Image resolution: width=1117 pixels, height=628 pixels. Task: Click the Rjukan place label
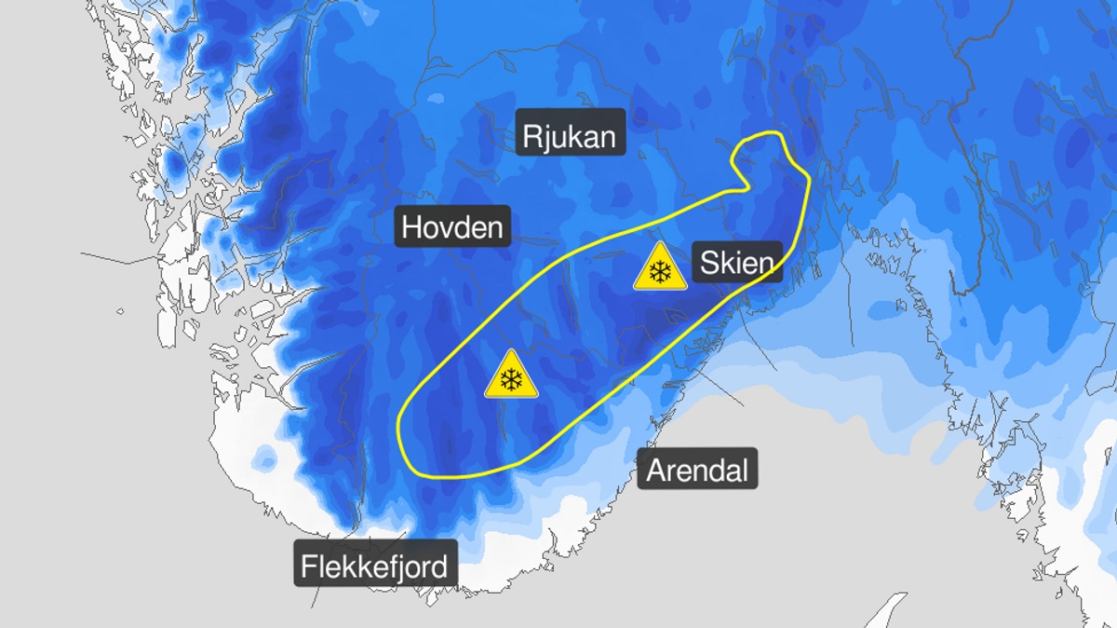pos(569,137)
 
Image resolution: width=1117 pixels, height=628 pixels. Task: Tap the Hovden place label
pos(452,226)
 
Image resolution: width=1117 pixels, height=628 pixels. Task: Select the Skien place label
pos(736,263)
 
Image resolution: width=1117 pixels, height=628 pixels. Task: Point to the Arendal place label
pos(697,470)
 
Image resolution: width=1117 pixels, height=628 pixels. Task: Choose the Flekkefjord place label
pos(374,566)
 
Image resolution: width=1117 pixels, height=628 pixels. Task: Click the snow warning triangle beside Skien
pos(660,269)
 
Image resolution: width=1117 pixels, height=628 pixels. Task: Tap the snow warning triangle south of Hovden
pos(510,376)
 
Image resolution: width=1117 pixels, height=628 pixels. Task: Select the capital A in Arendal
pos(655,471)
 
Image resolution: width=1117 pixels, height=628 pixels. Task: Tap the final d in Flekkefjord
pos(437,566)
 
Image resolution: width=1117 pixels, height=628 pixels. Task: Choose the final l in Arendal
pos(744,470)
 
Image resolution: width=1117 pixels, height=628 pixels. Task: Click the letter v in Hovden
pos(446,228)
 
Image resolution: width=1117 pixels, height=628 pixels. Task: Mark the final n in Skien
pos(764,265)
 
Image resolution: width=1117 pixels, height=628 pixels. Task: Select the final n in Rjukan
pos(606,139)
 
